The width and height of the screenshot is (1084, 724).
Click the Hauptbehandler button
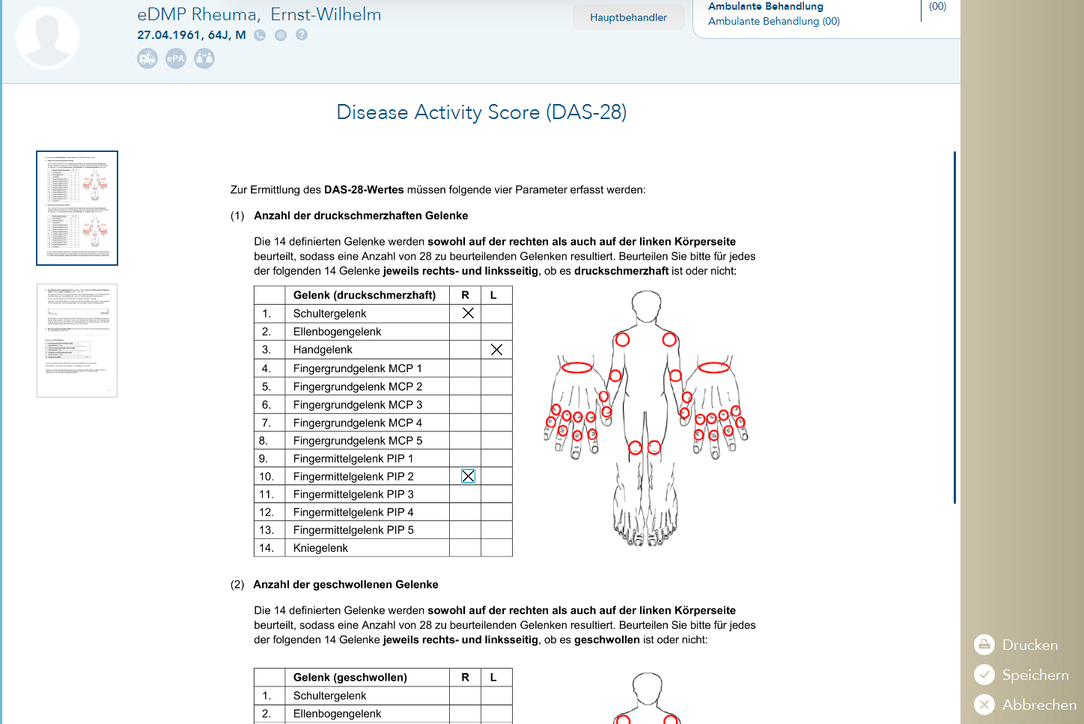628,17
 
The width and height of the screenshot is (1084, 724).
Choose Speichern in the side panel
1021,675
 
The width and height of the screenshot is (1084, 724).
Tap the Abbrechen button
1025,705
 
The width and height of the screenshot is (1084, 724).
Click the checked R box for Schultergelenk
468,313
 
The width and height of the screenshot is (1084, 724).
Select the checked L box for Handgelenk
496,350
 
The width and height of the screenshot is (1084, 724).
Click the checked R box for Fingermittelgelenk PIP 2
468,476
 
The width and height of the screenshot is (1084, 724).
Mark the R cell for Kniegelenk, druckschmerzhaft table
465,548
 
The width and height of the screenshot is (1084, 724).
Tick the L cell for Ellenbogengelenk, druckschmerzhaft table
496,332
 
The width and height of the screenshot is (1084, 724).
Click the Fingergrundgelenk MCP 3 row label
357,405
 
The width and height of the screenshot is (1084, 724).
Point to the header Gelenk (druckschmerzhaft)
364,295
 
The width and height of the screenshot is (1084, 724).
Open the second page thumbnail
77,341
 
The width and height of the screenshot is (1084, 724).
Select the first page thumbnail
77,208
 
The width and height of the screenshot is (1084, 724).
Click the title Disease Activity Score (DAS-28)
481,112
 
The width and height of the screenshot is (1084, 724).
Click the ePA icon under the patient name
176,58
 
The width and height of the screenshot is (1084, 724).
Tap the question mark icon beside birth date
302,34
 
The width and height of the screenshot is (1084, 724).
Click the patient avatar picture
47,37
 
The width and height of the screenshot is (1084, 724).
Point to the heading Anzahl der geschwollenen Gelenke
345,585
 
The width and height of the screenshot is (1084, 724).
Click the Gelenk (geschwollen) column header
350,678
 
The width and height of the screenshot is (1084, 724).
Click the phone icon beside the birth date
260,34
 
